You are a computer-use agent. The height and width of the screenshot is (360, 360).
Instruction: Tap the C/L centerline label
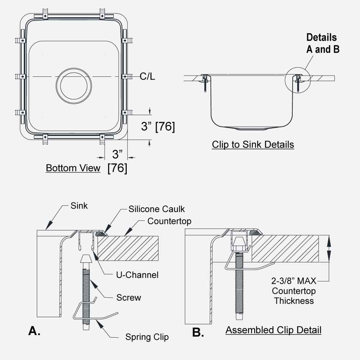point(147,76)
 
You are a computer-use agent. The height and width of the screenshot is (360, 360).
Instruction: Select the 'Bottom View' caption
point(73,168)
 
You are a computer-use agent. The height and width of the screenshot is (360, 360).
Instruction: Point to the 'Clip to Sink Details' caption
point(253,145)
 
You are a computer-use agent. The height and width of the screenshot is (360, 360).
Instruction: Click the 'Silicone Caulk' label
point(157,209)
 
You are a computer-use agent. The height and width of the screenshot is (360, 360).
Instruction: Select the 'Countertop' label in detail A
point(169,221)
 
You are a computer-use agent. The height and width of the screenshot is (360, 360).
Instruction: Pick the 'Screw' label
point(129,297)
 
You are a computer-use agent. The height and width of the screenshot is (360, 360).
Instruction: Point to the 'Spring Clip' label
point(147,337)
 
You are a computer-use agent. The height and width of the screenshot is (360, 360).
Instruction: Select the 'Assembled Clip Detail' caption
point(273,330)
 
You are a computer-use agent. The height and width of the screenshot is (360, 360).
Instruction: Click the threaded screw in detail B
point(239,284)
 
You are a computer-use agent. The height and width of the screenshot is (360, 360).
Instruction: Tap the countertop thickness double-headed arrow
point(328,249)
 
